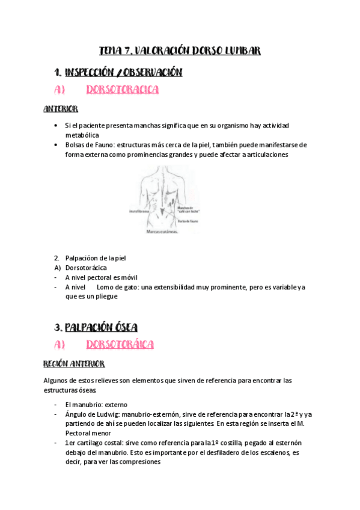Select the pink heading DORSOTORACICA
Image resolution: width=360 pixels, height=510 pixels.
pyautogui.click(x=122, y=90)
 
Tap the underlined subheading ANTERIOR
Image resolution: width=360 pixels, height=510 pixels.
pyautogui.click(x=61, y=109)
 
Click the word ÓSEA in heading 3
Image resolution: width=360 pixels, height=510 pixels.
pyautogui.click(x=123, y=328)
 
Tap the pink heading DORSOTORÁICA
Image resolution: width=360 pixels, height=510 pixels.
pyautogui.click(x=120, y=345)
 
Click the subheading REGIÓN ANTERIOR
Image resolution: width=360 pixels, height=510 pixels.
pyautogui.click(x=74, y=364)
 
